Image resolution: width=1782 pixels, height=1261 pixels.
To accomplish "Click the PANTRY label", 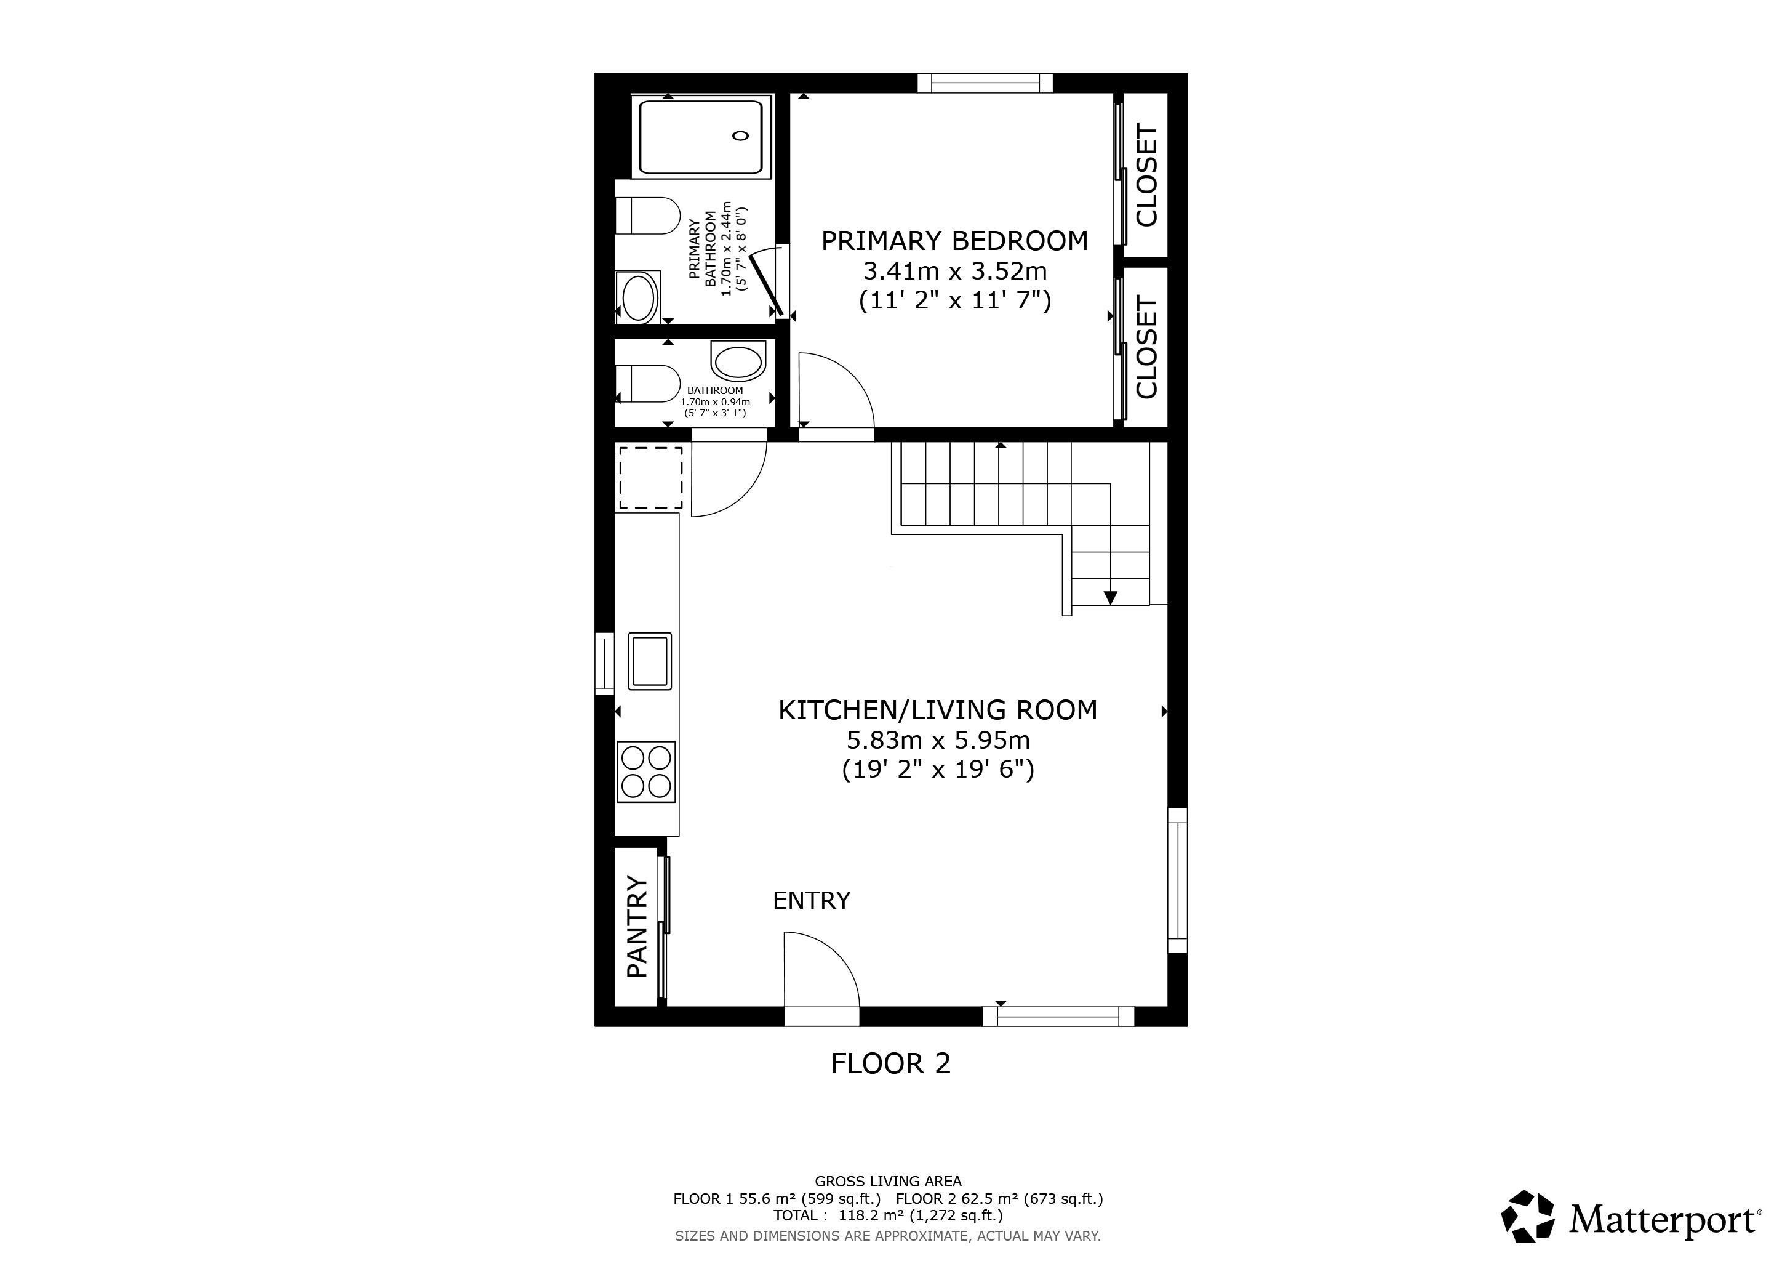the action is [x=637, y=926].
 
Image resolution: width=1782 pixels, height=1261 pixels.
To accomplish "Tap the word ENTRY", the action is [x=811, y=901].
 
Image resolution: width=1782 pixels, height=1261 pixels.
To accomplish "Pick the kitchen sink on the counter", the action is [x=650, y=661].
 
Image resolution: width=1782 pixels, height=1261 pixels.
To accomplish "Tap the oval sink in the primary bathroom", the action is [x=639, y=297].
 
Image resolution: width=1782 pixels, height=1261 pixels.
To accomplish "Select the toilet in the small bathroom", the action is [x=647, y=384].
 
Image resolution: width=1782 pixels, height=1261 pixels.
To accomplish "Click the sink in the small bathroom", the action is [x=738, y=362].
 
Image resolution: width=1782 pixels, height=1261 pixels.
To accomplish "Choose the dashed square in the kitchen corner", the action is [x=650, y=478].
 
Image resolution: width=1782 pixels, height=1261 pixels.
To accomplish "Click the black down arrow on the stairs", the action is [x=1110, y=597].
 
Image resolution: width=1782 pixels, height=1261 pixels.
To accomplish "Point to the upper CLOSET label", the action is [x=1146, y=175].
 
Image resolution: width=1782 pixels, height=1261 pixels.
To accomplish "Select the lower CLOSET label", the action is [x=1146, y=347].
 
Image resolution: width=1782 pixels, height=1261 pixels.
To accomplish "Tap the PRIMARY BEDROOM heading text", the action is [x=954, y=241].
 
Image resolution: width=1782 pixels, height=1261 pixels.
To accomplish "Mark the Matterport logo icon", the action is [x=1527, y=1215].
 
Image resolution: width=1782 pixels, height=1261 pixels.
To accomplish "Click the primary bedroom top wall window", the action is [x=985, y=83].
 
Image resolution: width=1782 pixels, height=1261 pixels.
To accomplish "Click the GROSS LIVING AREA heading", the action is [x=888, y=1182].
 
